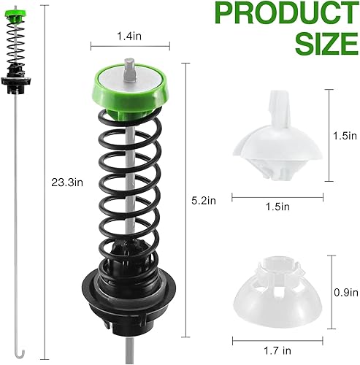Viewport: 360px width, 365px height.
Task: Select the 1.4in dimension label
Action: coord(129,34)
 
